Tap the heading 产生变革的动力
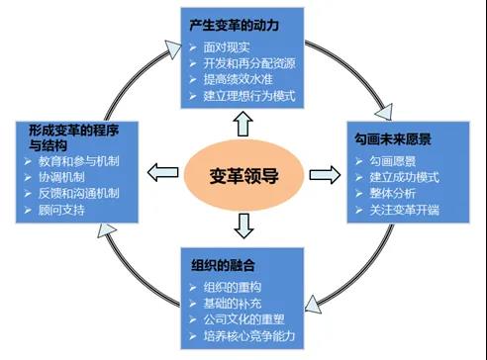click(x=234, y=24)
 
